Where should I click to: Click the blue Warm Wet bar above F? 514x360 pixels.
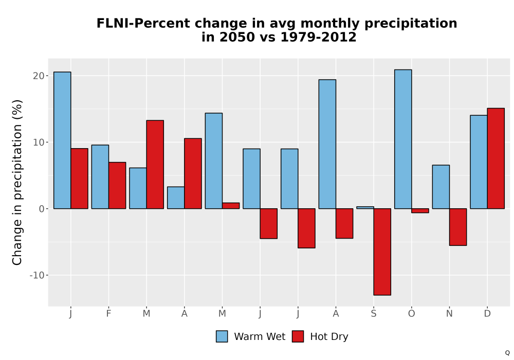coord(100,177)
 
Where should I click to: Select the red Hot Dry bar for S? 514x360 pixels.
coord(382,252)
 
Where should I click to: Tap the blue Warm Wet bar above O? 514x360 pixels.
coord(403,139)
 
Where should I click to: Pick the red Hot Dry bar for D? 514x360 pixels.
coord(495,158)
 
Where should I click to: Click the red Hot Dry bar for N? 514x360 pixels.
coord(458,227)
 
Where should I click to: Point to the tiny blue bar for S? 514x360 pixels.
coord(365,208)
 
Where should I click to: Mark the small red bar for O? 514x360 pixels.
coord(420,210)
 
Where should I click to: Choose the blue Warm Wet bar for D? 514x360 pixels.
coord(479,162)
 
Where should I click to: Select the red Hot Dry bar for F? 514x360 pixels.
coord(117,186)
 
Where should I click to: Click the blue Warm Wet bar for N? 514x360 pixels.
coord(441,187)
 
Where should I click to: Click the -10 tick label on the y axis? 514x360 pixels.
coord(37,275)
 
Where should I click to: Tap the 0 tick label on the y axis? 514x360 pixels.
coord(42,209)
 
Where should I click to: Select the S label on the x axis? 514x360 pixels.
coord(374,314)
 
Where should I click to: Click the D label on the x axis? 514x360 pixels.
coord(487,314)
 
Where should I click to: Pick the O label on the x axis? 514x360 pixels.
coord(411,314)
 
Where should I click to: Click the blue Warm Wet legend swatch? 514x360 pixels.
coord(222,336)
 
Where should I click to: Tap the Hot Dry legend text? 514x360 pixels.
coord(329,337)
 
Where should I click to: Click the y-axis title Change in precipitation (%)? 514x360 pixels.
coord(17,182)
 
